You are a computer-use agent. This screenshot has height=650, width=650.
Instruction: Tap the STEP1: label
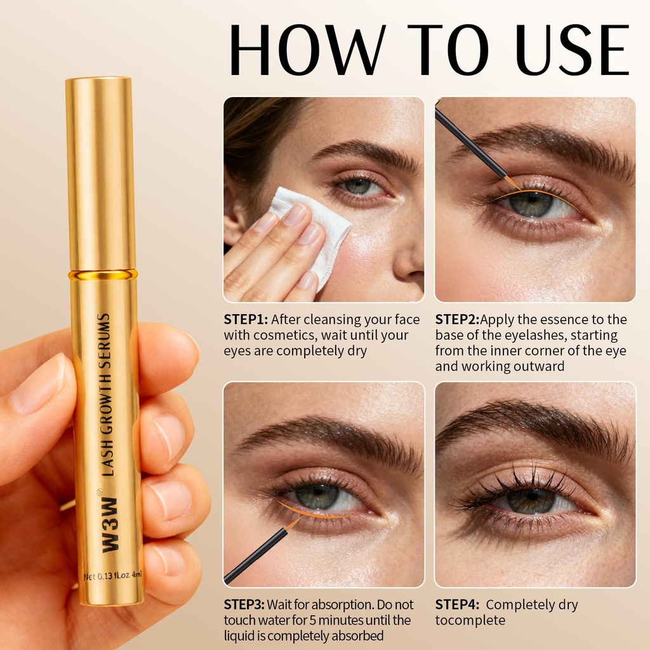pyautogui.click(x=245, y=320)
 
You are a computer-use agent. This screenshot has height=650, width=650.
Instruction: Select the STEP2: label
pyautogui.click(x=457, y=320)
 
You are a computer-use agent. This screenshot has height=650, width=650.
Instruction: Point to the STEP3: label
pyautogui.click(x=245, y=605)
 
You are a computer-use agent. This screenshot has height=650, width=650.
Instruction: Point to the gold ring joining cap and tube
pyautogui.click(x=103, y=275)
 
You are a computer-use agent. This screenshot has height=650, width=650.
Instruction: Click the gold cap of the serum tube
pyautogui.click(x=100, y=171)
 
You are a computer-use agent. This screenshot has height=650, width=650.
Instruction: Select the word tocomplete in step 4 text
pyautogui.click(x=470, y=620)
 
